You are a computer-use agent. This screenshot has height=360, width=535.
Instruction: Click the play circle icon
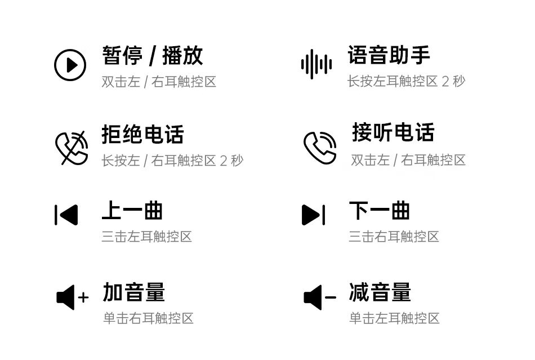[70, 65]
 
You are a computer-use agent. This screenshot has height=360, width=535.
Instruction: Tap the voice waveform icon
[316, 65]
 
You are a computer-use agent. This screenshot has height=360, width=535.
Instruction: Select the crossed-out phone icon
[72, 147]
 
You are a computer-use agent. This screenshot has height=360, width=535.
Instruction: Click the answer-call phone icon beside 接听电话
[320, 148]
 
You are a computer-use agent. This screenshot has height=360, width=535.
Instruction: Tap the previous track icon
[66, 215]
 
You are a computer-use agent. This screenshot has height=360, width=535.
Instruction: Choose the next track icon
[314, 215]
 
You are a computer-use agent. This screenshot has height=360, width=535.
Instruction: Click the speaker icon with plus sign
[72, 297]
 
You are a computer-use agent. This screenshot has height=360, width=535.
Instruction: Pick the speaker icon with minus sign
[319, 297]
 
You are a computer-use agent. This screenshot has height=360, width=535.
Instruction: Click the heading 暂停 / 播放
[152, 55]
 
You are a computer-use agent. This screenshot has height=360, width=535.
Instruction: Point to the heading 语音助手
[389, 55]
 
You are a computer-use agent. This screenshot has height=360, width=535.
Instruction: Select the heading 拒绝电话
[142, 135]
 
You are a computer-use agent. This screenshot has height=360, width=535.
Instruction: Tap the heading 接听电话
[393, 132]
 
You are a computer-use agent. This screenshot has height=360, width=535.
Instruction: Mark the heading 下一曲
[379, 211]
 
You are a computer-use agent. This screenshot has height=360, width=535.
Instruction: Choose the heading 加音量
[133, 292]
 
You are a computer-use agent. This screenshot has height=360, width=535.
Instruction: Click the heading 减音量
[380, 292]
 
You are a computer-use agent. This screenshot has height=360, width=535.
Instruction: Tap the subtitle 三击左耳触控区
[146, 237]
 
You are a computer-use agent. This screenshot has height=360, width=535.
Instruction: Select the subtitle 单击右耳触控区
[148, 318]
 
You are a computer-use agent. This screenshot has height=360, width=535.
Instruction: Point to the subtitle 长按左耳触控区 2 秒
[406, 82]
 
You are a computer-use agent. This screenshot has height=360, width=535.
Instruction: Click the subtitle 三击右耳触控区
[394, 237]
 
